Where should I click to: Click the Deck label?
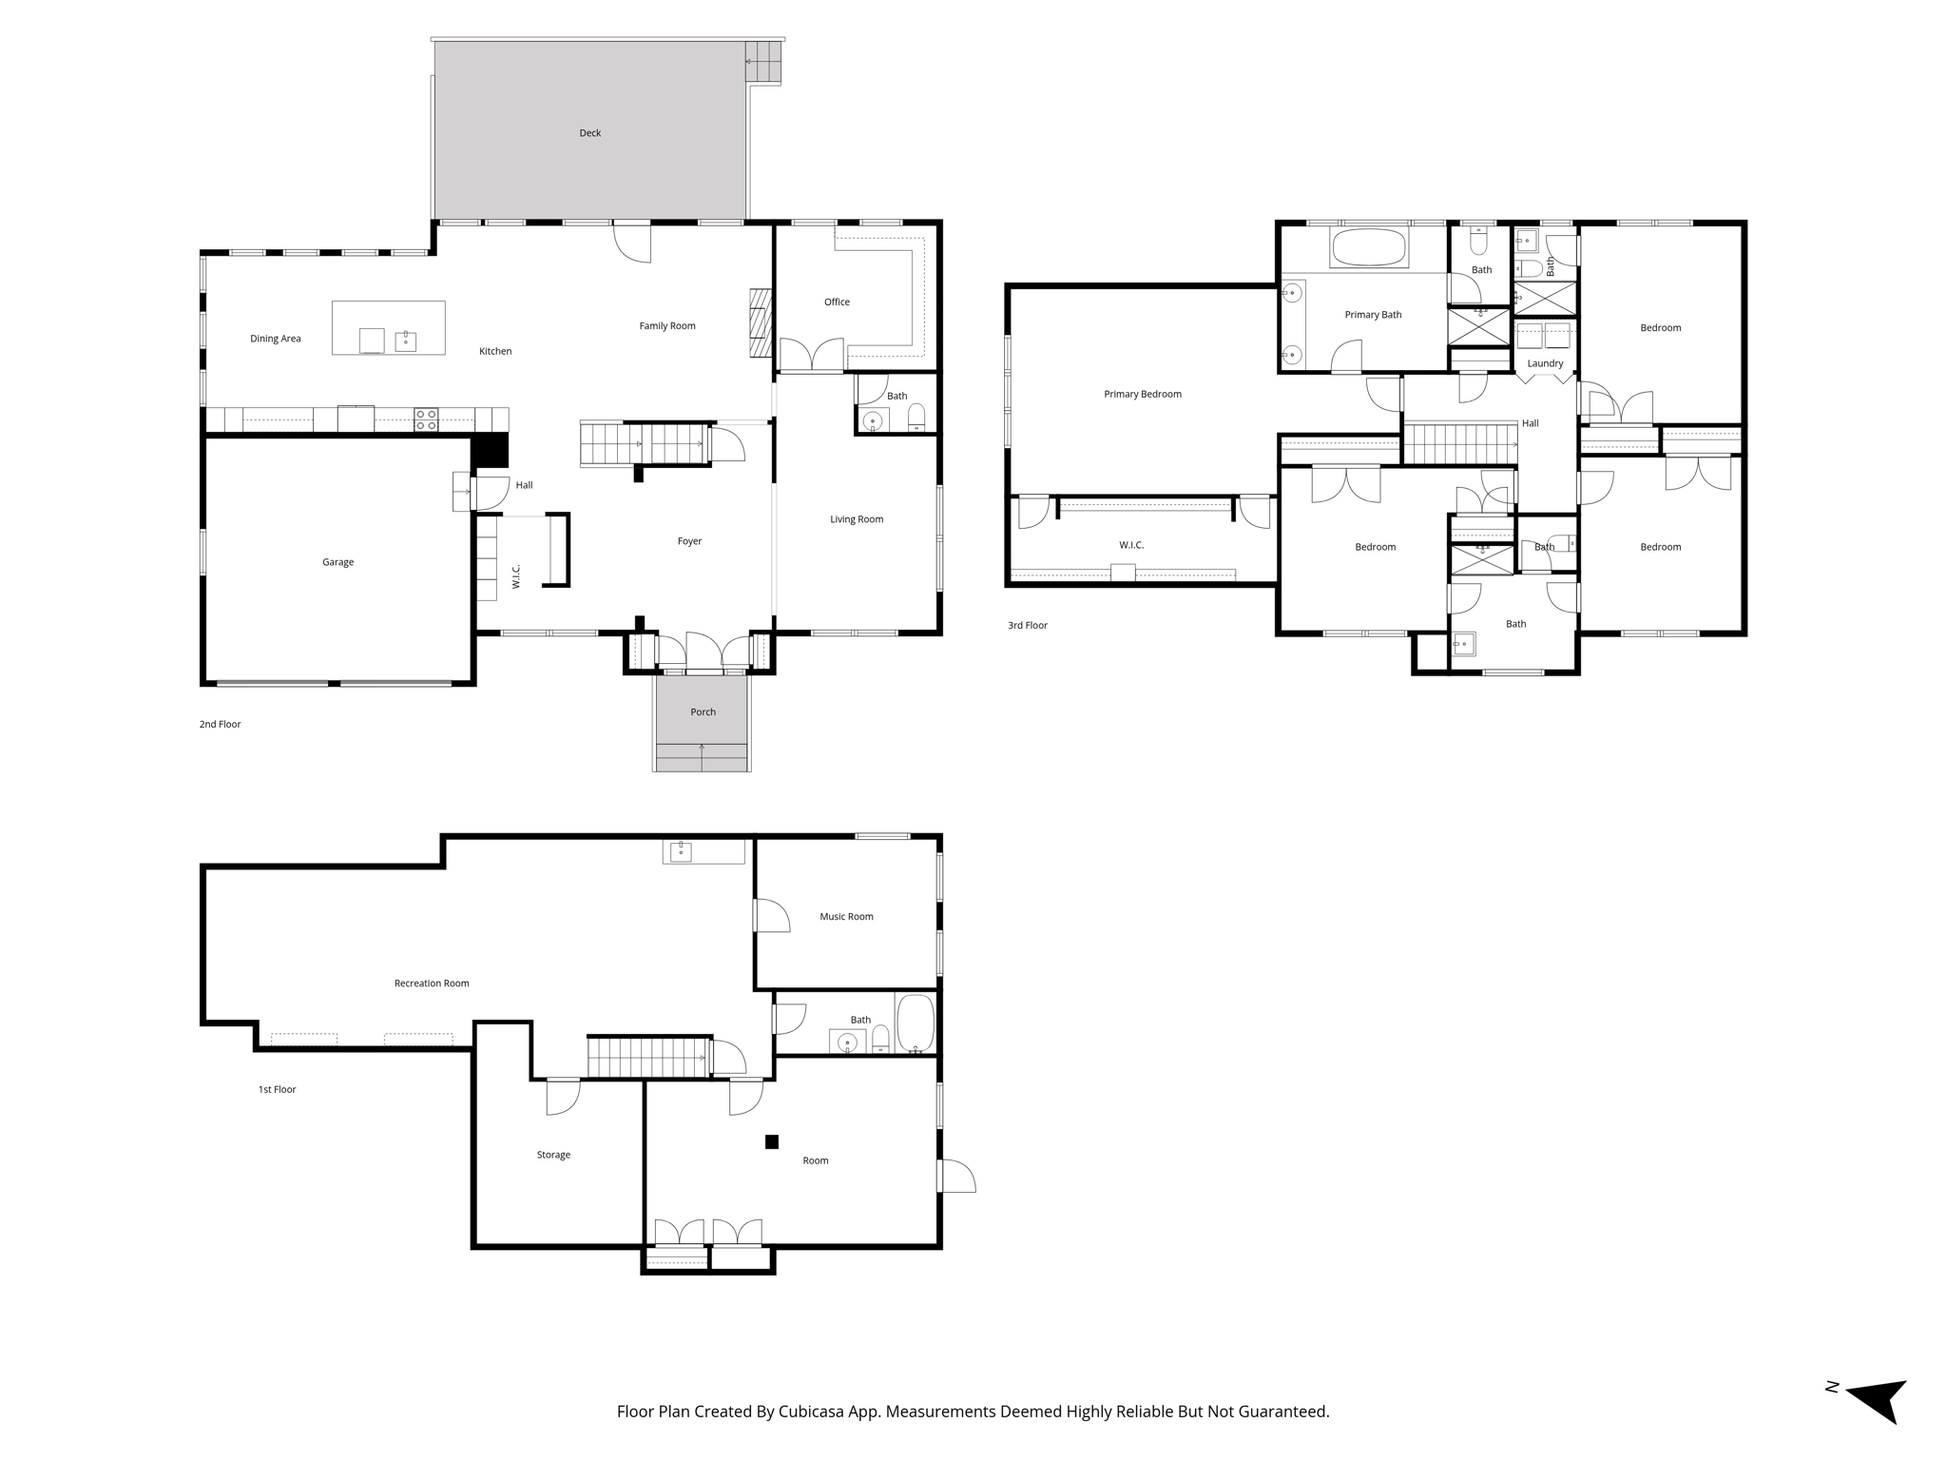[589, 133]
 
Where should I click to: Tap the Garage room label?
[337, 562]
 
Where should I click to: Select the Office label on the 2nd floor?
[837, 302]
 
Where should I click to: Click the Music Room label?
[846, 917]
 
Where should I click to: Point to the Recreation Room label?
[432, 984]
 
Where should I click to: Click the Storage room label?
[553, 1155]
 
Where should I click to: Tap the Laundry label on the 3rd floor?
[1545, 363]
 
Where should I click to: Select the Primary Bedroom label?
[1142, 394]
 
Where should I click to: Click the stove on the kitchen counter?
[426, 419]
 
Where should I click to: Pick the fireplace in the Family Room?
[759, 322]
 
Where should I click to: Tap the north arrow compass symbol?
[1878, 1398]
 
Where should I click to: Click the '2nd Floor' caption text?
[220, 725]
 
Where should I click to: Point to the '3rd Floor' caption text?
[1028, 626]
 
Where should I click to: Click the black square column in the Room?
[772, 1141]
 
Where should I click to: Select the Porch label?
[703, 712]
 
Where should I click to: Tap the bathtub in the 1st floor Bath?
[916, 1023]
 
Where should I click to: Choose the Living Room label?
[856, 519]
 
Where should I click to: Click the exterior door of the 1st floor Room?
[955, 1176]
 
